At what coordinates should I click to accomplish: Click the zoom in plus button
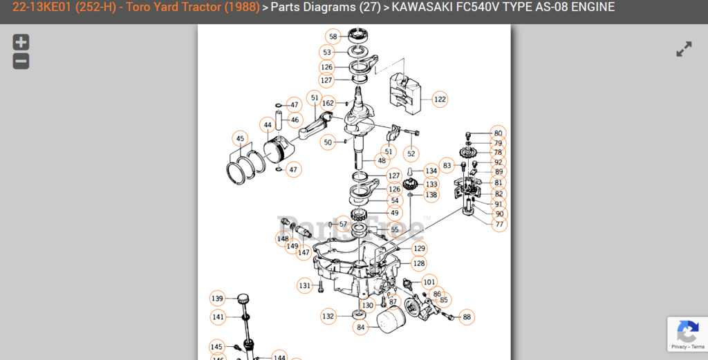(x=21, y=42)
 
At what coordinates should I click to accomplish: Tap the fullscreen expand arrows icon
(x=683, y=50)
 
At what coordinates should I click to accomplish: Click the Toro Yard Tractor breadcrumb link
(x=136, y=8)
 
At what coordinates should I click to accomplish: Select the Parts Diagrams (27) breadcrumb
(x=325, y=8)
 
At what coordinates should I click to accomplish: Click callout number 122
(x=440, y=100)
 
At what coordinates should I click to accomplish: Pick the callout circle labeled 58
(x=333, y=37)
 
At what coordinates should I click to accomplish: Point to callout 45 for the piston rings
(x=240, y=139)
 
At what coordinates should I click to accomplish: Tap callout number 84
(x=361, y=327)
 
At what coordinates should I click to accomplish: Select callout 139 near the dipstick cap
(x=218, y=299)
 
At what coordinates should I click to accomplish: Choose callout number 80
(x=498, y=133)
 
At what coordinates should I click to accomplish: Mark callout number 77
(x=499, y=224)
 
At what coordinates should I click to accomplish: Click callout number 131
(x=305, y=285)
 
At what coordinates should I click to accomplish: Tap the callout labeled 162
(x=328, y=104)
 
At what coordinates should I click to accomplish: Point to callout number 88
(x=467, y=317)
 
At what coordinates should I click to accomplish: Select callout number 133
(x=431, y=184)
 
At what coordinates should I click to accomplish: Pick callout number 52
(x=411, y=153)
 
